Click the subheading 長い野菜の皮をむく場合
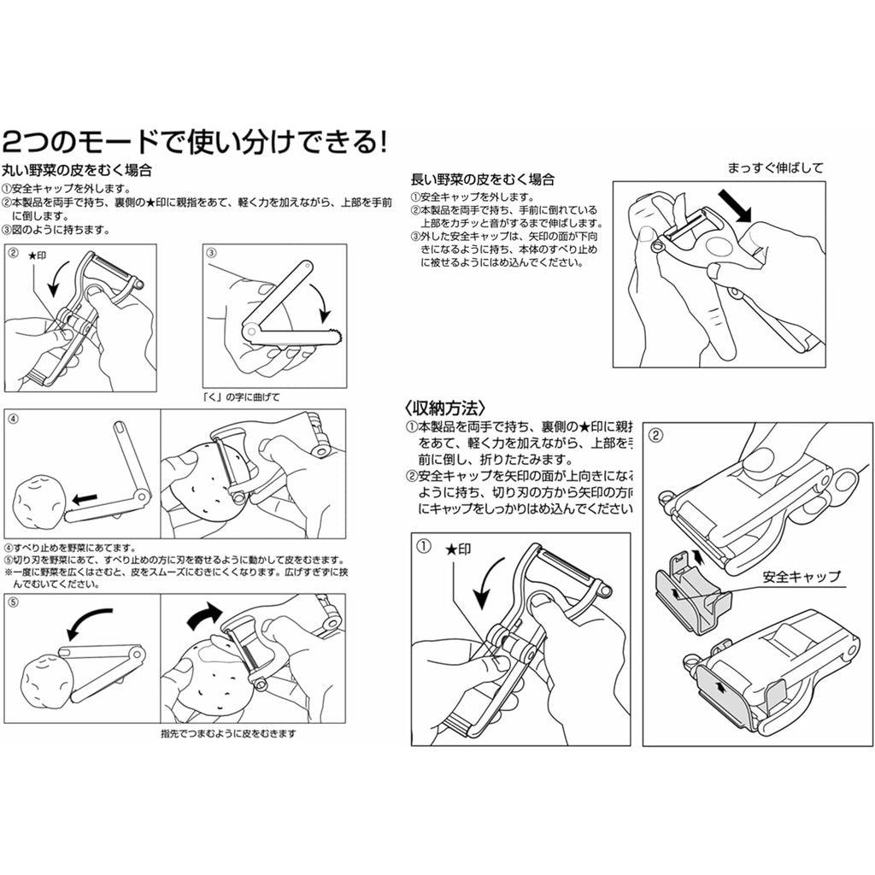[483, 179]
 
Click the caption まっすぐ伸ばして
[775, 167]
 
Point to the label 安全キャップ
[802, 577]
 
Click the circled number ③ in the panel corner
[212, 253]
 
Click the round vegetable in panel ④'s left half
[39, 497]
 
